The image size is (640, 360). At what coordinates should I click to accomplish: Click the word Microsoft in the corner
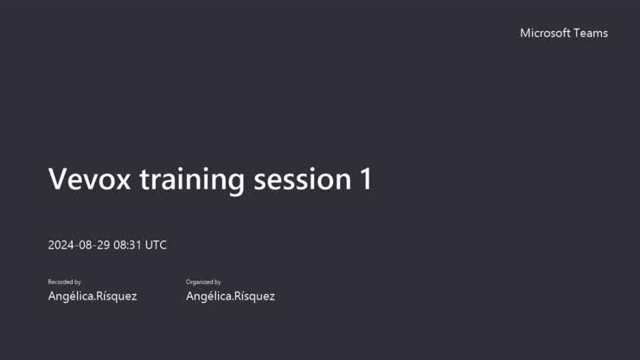coord(545,33)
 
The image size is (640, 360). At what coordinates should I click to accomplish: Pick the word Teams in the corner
coord(591,33)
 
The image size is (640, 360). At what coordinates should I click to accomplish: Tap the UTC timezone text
coord(156,245)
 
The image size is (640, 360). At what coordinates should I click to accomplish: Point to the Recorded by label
coord(64,282)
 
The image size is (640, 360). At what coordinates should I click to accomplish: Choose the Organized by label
coord(203,282)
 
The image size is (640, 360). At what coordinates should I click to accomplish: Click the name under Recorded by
coord(92,296)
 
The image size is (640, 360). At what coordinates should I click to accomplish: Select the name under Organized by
coord(230,296)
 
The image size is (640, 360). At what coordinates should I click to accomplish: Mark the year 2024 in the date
coord(61,245)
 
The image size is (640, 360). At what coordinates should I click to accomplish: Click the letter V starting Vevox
coord(58,179)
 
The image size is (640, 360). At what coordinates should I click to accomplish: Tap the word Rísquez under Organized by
coord(254,296)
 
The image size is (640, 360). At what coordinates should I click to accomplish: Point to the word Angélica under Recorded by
coord(70,296)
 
